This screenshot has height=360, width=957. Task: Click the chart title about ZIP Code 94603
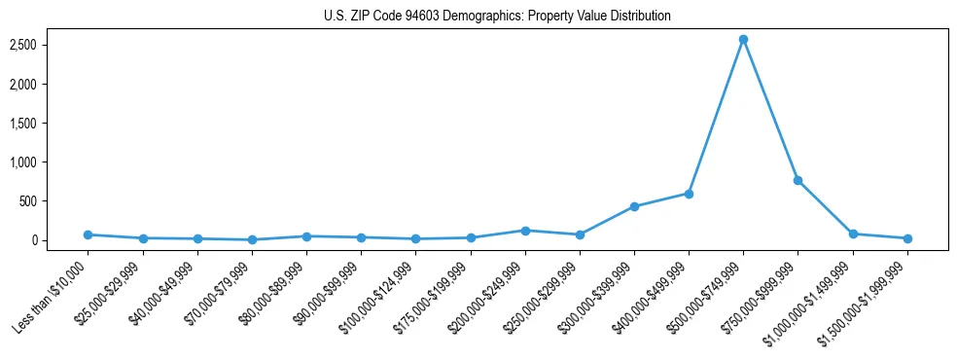pos(497,17)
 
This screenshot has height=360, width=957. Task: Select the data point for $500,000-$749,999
pos(743,40)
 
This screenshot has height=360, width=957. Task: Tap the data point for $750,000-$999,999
pos(797,180)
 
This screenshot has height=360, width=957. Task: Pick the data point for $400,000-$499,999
pos(689,194)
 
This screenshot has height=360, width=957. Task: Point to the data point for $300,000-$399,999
pos(634,206)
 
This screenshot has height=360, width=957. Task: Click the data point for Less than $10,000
pos(88,234)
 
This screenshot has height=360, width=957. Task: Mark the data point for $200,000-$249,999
pos(525,231)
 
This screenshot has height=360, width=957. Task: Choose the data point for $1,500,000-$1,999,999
pos(907,238)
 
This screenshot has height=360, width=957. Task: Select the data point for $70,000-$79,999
pos(252,239)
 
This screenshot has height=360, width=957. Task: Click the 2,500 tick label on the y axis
pos(49,46)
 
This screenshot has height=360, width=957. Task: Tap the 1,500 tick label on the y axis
pos(49,124)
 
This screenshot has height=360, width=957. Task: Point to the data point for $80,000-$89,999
pos(306,236)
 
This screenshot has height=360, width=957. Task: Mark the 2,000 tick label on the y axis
pos(49,85)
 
